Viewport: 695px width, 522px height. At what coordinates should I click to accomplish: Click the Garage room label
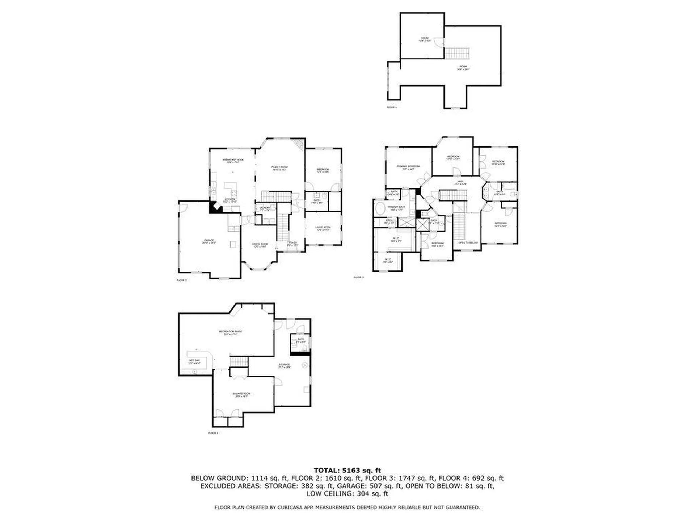209,241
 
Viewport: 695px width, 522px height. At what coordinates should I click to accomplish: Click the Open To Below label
468,243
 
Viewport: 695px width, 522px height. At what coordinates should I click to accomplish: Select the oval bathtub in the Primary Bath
380,209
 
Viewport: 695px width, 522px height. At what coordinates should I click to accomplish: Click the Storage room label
284,365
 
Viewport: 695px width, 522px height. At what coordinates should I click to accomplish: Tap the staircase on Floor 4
457,53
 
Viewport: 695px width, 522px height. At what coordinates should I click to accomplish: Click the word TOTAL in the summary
327,471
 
